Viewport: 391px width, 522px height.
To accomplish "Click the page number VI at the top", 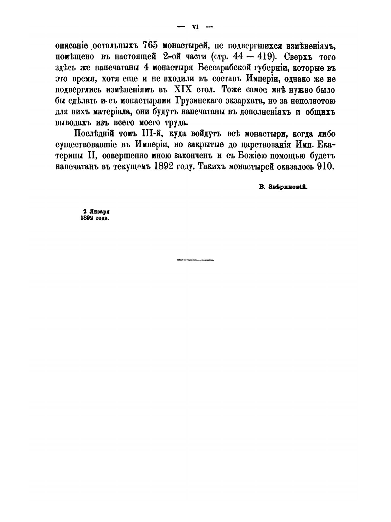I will point(195,27).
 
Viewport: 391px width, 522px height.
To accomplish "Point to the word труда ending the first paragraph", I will point(167,123).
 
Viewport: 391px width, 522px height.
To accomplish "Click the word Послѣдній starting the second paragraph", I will point(95,134).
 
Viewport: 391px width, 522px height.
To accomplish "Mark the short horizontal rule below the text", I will point(195,260).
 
